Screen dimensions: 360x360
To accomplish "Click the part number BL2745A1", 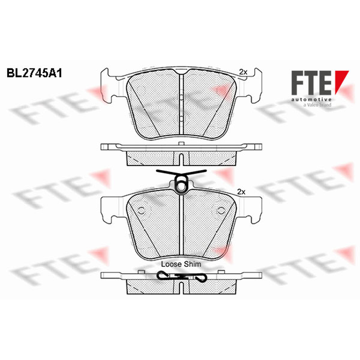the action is point(35,73).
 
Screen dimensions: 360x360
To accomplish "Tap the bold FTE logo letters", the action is point(311,83).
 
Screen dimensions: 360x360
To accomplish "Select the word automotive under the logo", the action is point(311,99).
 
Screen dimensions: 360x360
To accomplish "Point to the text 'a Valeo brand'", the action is point(317,105).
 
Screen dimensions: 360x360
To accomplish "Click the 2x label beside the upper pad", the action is point(243,72).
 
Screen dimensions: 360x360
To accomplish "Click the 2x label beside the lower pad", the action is point(241,192).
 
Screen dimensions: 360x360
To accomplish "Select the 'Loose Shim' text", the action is point(181,264).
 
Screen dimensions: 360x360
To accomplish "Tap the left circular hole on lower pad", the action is point(141,211).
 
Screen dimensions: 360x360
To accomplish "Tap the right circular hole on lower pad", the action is point(221,211).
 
